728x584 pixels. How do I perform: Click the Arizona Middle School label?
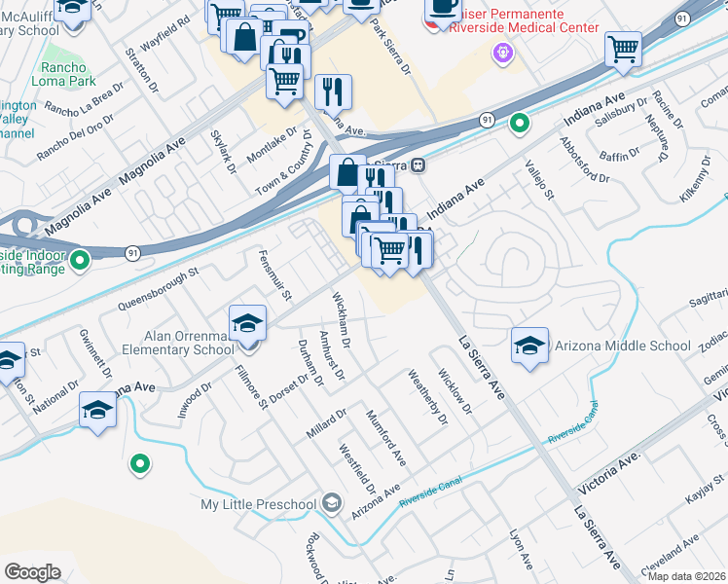click(622, 346)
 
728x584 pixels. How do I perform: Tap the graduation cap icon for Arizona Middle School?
click(529, 346)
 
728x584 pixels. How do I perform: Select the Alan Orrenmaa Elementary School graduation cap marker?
click(247, 322)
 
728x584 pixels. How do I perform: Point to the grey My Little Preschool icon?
click(332, 503)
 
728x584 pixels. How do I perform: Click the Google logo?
click(32, 571)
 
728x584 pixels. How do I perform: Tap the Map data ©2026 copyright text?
click(686, 576)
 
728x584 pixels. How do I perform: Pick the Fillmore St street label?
click(250, 388)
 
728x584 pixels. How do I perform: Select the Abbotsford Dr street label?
click(584, 160)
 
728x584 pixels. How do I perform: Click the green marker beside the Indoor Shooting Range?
click(79, 260)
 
